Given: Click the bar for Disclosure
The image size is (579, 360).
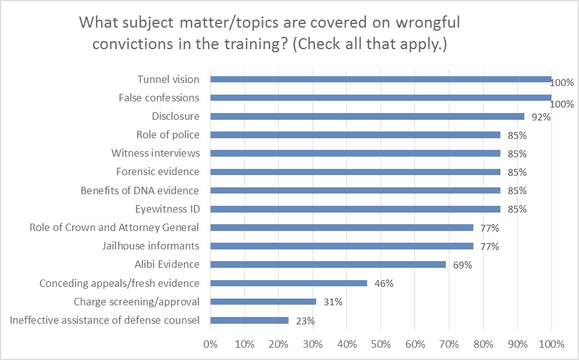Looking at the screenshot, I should click(x=367, y=116).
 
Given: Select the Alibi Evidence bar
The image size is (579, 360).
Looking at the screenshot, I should click(x=328, y=264).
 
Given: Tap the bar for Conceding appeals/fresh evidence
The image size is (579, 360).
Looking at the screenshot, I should click(x=289, y=283).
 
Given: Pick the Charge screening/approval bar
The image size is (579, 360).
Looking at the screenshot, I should click(x=263, y=302).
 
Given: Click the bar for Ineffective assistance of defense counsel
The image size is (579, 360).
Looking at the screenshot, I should click(x=249, y=320).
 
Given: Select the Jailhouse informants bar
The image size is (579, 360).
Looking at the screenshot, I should click(x=342, y=246).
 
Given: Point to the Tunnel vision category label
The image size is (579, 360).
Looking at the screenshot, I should click(x=168, y=79).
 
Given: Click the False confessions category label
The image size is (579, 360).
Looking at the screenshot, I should click(x=158, y=98).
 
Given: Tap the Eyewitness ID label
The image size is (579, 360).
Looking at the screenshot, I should click(x=165, y=209).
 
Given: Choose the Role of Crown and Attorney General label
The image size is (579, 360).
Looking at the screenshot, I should click(x=114, y=227).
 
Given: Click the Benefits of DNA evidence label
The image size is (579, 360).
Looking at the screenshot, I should click(x=140, y=190).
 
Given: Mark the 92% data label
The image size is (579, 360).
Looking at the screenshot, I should click(x=538, y=117).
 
